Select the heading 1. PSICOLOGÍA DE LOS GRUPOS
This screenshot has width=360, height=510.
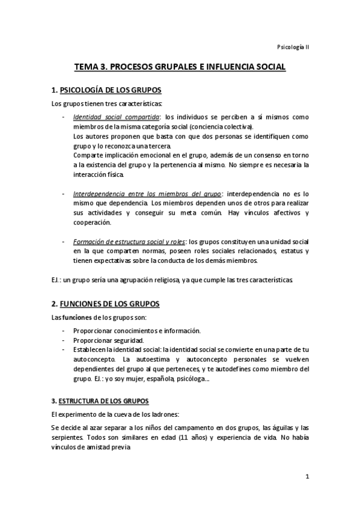pyautogui.click(x=106, y=90)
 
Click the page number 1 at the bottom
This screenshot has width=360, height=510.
pyautogui.click(x=307, y=478)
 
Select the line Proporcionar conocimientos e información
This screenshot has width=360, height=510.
pyautogui.click(x=137, y=331)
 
